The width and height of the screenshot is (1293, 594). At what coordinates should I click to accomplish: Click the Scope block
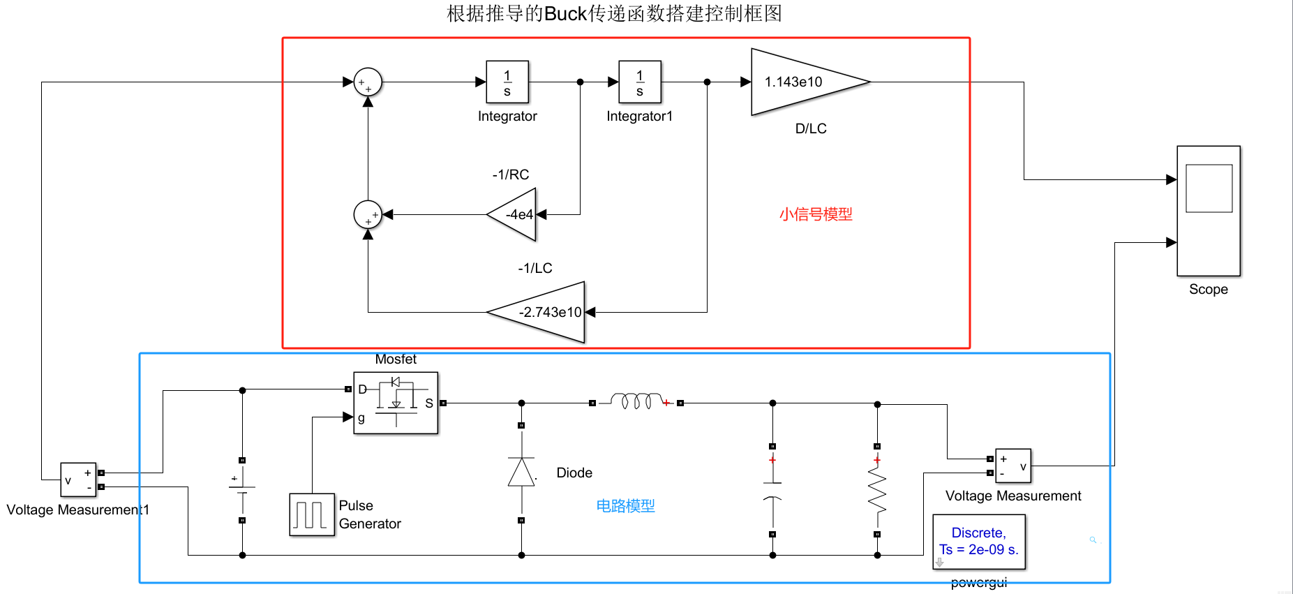click(1208, 210)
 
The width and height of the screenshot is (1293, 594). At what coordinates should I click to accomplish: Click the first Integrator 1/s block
click(507, 82)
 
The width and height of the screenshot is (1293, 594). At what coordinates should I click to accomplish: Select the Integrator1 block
click(639, 82)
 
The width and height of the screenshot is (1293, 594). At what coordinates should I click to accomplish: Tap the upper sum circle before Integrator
click(368, 82)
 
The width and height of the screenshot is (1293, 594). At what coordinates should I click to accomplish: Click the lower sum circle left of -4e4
click(368, 214)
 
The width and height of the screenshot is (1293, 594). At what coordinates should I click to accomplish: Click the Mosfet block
click(396, 403)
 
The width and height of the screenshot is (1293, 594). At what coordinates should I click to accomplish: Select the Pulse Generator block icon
click(311, 514)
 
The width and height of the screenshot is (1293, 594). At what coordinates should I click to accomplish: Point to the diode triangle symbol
click(521, 473)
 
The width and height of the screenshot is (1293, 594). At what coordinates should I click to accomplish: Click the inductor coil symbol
click(636, 401)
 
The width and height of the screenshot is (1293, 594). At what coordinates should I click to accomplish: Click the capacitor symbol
click(772, 491)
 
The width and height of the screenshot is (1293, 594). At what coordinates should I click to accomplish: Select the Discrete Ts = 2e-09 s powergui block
click(978, 542)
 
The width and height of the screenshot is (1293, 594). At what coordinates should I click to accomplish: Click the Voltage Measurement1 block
click(78, 480)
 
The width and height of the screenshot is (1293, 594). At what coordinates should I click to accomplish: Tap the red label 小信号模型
click(816, 214)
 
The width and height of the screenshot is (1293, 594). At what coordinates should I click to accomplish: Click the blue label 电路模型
click(625, 506)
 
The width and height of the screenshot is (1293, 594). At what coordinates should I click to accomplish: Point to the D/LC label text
click(811, 128)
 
